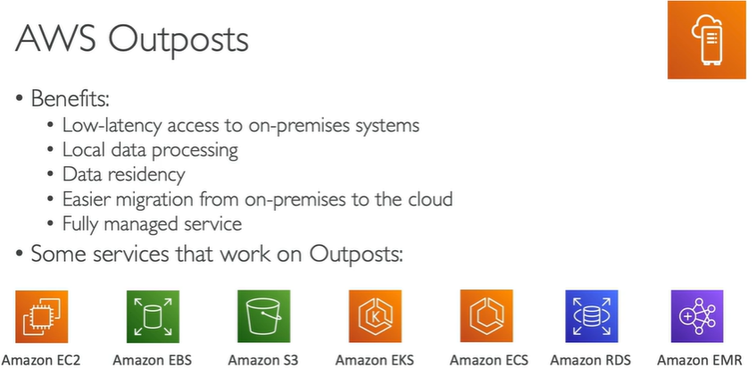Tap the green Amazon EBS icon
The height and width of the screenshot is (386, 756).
(x=153, y=316)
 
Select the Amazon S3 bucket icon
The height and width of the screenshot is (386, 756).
(x=264, y=316)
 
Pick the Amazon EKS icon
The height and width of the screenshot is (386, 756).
(x=375, y=316)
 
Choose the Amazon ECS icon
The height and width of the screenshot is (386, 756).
(x=486, y=316)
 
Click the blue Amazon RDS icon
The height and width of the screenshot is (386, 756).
(x=591, y=316)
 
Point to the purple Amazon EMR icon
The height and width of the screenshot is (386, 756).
(x=697, y=316)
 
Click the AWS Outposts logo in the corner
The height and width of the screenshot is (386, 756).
(x=707, y=39)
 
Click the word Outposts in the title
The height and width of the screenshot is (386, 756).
(x=178, y=41)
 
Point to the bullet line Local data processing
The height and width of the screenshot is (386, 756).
(x=150, y=149)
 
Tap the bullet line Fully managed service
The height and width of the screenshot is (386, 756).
(x=152, y=223)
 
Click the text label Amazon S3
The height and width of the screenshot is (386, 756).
(x=263, y=361)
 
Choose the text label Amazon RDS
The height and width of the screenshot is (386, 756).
(x=590, y=361)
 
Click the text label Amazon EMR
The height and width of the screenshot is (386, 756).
(x=698, y=361)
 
